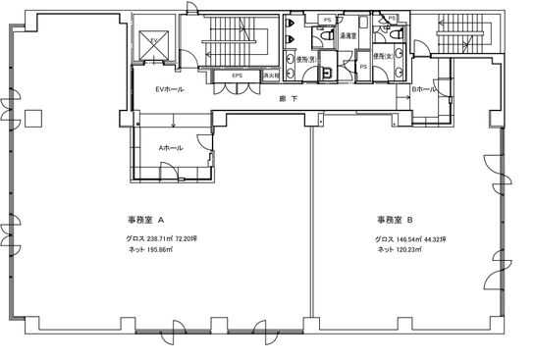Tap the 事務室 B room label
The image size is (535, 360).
(x=393, y=221)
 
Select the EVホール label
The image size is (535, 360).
(x=170, y=89)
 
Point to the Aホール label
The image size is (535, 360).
(x=171, y=146)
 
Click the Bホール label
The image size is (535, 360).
(x=424, y=89)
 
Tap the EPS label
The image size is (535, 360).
(x=237, y=76)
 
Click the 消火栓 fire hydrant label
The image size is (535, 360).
(x=271, y=76)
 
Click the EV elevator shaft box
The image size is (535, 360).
(x=154, y=43)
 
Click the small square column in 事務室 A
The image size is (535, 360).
(x=34, y=118)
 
